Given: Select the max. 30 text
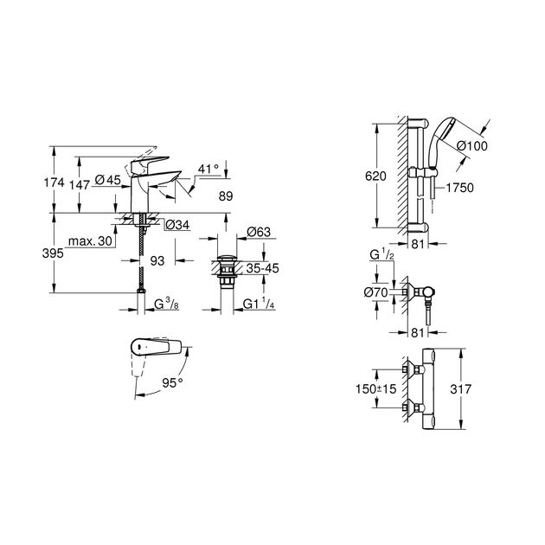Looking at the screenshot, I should point(93,241).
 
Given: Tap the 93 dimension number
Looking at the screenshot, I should point(157,260).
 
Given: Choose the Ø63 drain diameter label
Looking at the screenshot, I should point(260,232).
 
